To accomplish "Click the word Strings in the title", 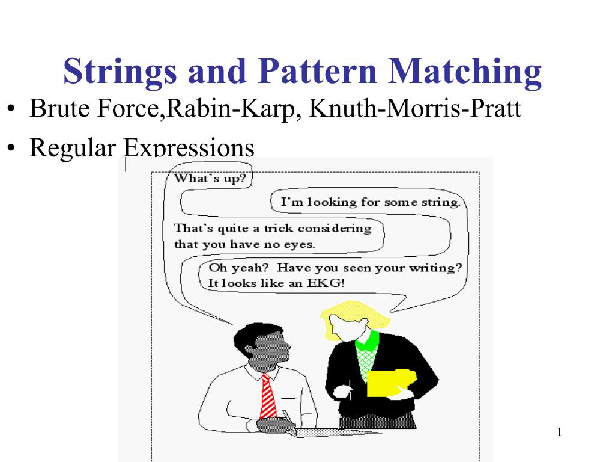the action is pos(120,72).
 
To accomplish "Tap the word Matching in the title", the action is pos(465,72).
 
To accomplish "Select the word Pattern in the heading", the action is pos(317,71).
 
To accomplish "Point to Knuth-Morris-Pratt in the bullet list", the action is pos(415,108).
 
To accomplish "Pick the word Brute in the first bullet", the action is pos(59,108).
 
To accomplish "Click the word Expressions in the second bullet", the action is pos(189,148).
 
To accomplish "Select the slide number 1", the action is pos(559,432).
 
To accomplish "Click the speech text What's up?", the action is pos(210,178).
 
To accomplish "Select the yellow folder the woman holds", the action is pos(392,383).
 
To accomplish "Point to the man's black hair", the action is pos(253,336).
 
